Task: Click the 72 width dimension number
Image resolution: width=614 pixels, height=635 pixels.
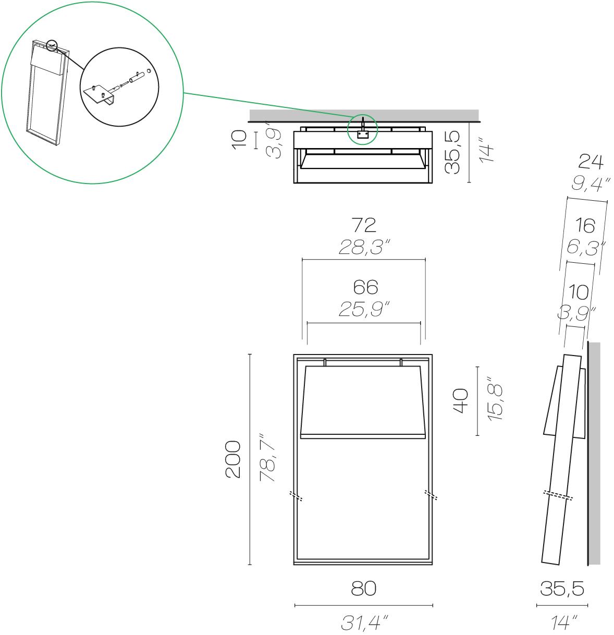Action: (x=364, y=225)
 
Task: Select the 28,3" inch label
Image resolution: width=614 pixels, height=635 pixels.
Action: (x=364, y=248)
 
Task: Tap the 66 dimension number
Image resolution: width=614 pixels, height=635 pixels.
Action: (x=364, y=287)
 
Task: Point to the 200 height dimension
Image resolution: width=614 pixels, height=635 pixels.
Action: (x=232, y=459)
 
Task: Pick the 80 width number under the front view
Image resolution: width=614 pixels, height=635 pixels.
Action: (x=363, y=589)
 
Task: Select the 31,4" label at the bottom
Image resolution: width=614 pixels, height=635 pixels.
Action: (x=363, y=622)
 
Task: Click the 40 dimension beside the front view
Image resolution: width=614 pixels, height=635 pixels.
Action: (x=461, y=400)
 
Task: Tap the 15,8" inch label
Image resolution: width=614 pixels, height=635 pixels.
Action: (x=494, y=400)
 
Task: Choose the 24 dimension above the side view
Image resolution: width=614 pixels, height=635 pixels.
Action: (x=591, y=163)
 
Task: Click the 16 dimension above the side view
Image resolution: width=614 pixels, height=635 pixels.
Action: (x=586, y=226)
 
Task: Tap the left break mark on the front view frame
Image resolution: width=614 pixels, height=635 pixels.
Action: (x=297, y=495)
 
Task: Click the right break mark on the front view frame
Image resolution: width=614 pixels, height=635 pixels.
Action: (x=431, y=495)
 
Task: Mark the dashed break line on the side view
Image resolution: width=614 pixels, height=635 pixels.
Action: (x=558, y=495)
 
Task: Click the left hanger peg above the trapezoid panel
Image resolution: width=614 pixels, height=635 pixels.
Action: (x=325, y=362)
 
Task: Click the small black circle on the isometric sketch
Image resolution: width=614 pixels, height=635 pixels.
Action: (x=52, y=46)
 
